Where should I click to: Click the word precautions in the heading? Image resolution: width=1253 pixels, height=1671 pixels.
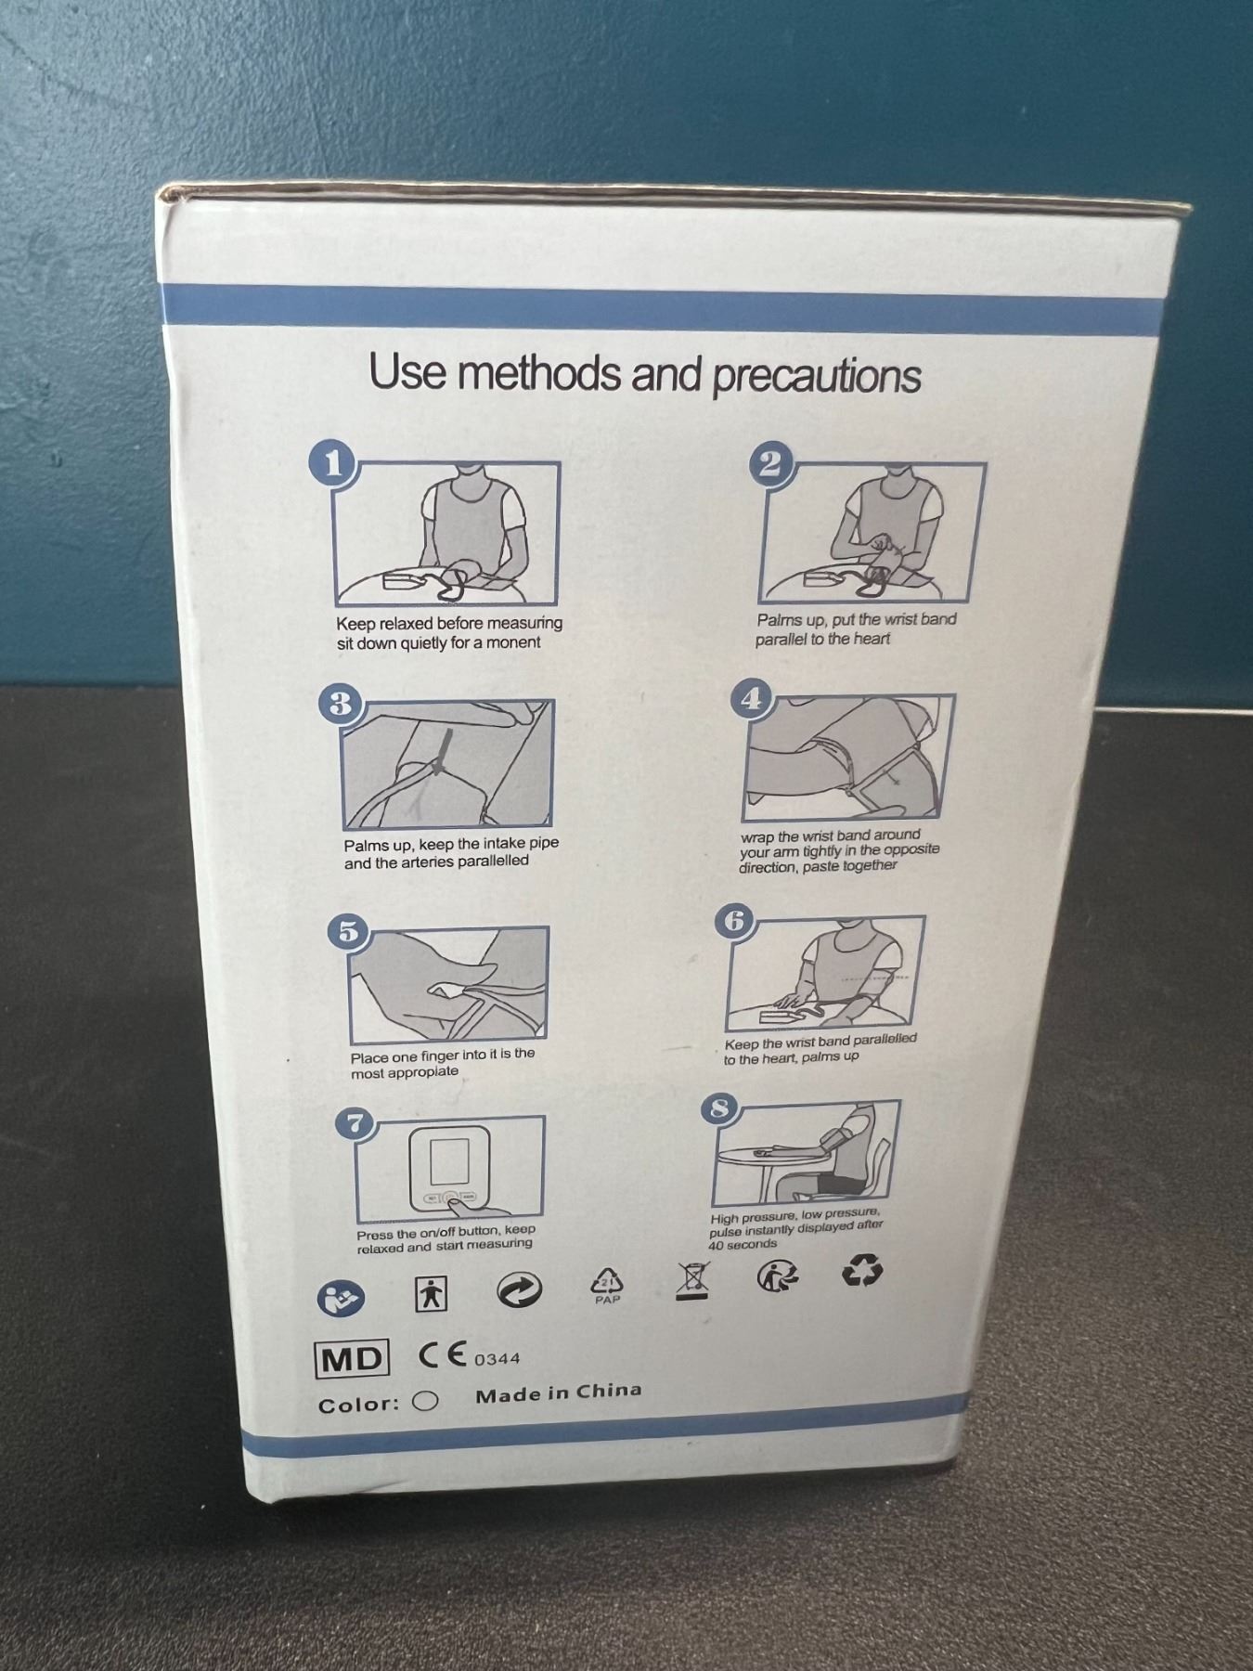tap(817, 376)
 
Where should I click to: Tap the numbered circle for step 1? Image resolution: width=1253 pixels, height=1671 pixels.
tap(335, 463)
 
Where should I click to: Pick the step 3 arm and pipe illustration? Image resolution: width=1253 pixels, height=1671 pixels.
tap(448, 764)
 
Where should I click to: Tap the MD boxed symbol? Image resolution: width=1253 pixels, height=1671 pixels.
tap(353, 1359)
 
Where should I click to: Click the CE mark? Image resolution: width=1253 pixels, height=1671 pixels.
tap(443, 1355)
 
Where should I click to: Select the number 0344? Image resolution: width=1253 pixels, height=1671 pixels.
tap(497, 1359)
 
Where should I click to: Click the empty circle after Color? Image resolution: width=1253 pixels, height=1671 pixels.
tap(425, 1400)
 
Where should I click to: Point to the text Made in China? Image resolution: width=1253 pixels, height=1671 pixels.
tap(558, 1392)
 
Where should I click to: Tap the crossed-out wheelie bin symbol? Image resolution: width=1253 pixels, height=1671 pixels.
tap(692, 1281)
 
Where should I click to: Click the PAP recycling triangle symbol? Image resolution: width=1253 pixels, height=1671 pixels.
tap(607, 1287)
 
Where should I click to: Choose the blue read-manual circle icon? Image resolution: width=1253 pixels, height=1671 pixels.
tap(341, 1297)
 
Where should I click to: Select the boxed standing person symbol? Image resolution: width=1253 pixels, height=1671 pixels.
tap(431, 1293)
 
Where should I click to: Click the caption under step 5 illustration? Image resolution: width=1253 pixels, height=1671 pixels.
tap(442, 1063)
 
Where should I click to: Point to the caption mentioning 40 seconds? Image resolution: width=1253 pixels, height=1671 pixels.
tap(795, 1229)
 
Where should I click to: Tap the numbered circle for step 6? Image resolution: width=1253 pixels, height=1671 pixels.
tap(735, 921)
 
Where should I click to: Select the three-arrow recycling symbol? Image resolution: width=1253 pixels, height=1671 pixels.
tap(861, 1271)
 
